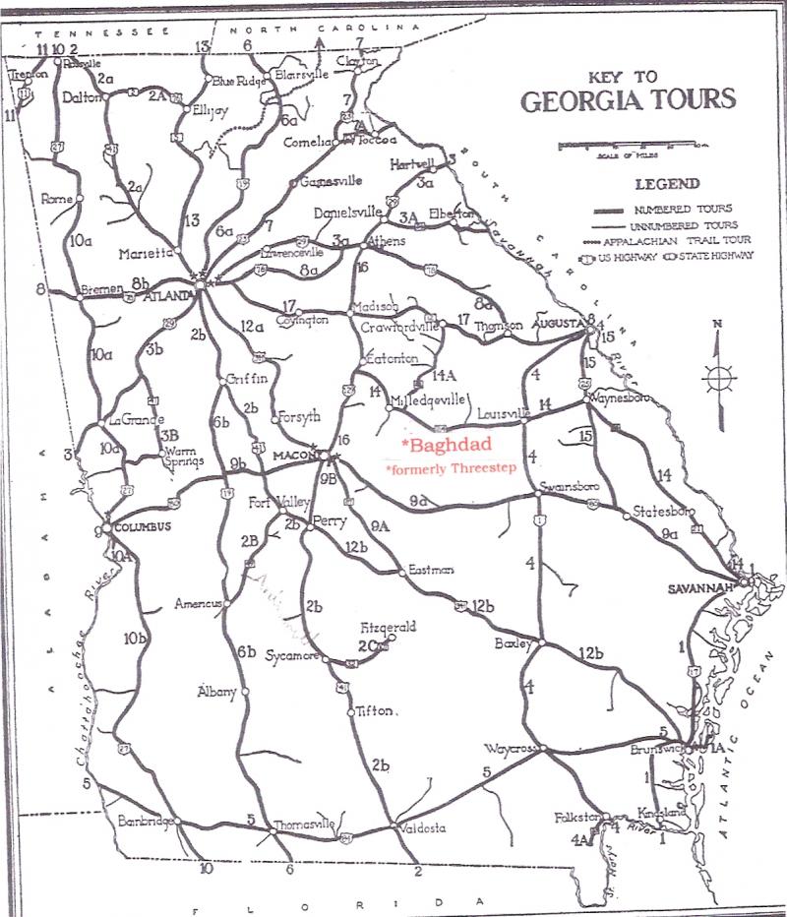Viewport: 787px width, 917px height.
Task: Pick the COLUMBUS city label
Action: click(142, 526)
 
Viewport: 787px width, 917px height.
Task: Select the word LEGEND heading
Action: click(667, 183)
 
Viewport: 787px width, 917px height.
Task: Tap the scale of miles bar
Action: click(630, 145)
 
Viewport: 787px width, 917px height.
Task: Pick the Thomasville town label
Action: click(304, 824)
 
